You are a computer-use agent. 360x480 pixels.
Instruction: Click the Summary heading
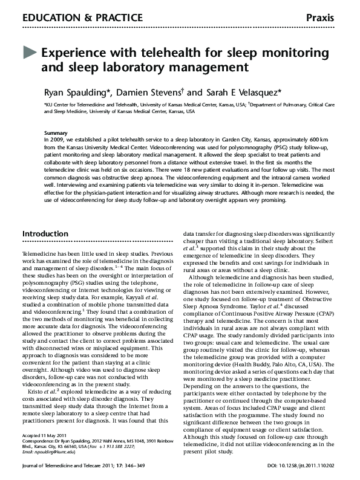click(56, 132)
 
